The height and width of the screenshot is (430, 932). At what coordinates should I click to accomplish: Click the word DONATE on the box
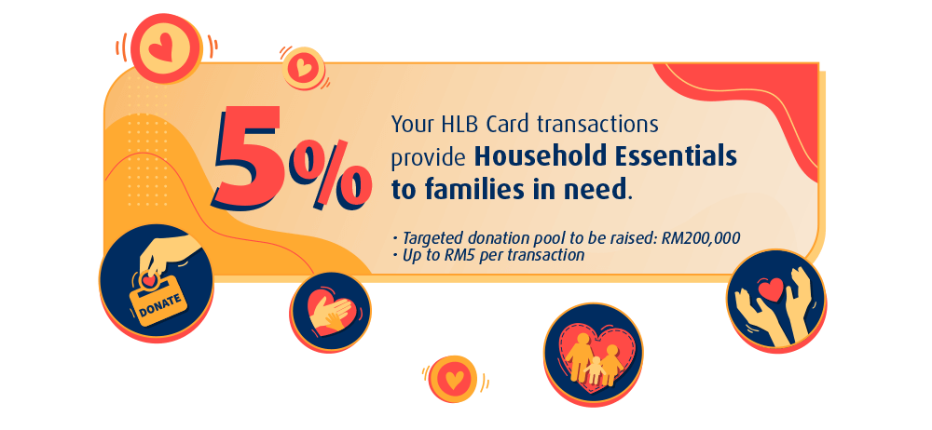pos(159,301)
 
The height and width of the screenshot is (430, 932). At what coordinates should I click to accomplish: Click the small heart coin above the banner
pos(303,68)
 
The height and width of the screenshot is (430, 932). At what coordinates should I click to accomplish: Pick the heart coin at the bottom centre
pos(453,378)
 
